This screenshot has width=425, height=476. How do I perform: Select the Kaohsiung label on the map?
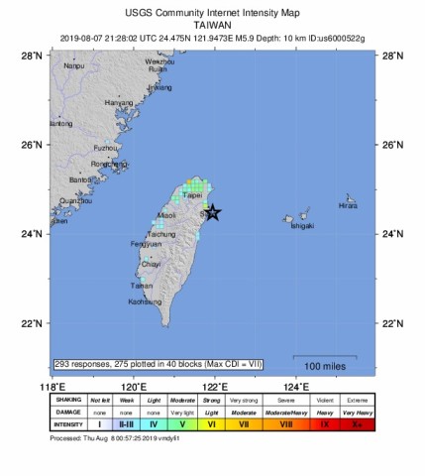tap(144, 301)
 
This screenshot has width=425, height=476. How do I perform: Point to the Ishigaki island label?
tap(302, 225)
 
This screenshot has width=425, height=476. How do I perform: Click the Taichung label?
tap(149, 233)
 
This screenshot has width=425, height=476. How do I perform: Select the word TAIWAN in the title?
tap(212, 26)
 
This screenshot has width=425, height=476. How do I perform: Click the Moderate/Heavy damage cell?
tap(282, 412)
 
